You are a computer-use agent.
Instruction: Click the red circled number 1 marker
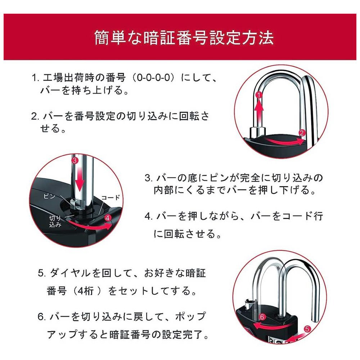click(x=259, y=95)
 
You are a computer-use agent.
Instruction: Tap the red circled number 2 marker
click(x=302, y=133)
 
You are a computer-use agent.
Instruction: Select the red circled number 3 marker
click(x=75, y=160)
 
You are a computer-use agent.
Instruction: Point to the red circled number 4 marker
click(x=108, y=218)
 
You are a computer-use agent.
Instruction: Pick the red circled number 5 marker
click(x=307, y=329)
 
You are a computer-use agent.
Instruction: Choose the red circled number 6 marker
click(x=262, y=317)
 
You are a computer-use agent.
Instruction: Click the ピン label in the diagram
click(x=49, y=196)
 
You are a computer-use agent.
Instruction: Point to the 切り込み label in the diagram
click(x=55, y=221)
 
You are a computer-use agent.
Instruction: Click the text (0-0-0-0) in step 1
click(x=154, y=77)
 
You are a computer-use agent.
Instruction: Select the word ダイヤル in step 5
click(x=70, y=273)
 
